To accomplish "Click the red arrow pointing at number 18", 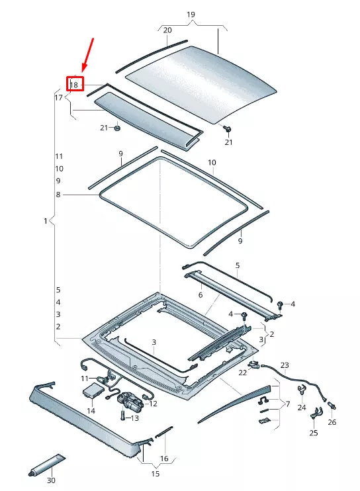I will pyautogui.click(x=87, y=54).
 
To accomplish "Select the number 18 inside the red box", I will pyautogui.click(x=74, y=85).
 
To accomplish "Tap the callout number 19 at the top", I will pyautogui.click(x=191, y=15).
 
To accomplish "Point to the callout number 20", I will pyautogui.click(x=167, y=30).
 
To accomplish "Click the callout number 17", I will pyautogui.click(x=58, y=98).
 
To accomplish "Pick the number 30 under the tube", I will pyautogui.click(x=51, y=480).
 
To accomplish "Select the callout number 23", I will pyautogui.click(x=285, y=365).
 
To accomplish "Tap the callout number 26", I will pyautogui.click(x=332, y=422).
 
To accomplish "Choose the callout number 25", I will pyautogui.click(x=314, y=433).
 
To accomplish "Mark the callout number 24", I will pyautogui.click(x=302, y=408).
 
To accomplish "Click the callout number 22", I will pyautogui.click(x=243, y=373).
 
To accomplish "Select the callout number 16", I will pyautogui.click(x=164, y=458).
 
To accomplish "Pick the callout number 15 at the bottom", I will pyautogui.click(x=156, y=474).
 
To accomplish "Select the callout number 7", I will pyautogui.click(x=287, y=404).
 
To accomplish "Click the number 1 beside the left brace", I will pyautogui.click(x=45, y=221).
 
